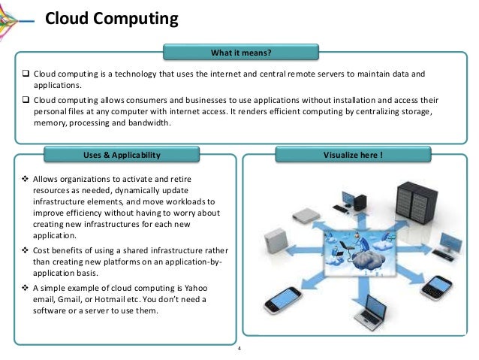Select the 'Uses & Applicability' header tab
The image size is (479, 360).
122,156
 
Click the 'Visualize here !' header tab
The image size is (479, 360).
353,156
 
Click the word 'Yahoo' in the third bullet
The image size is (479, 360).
193,289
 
